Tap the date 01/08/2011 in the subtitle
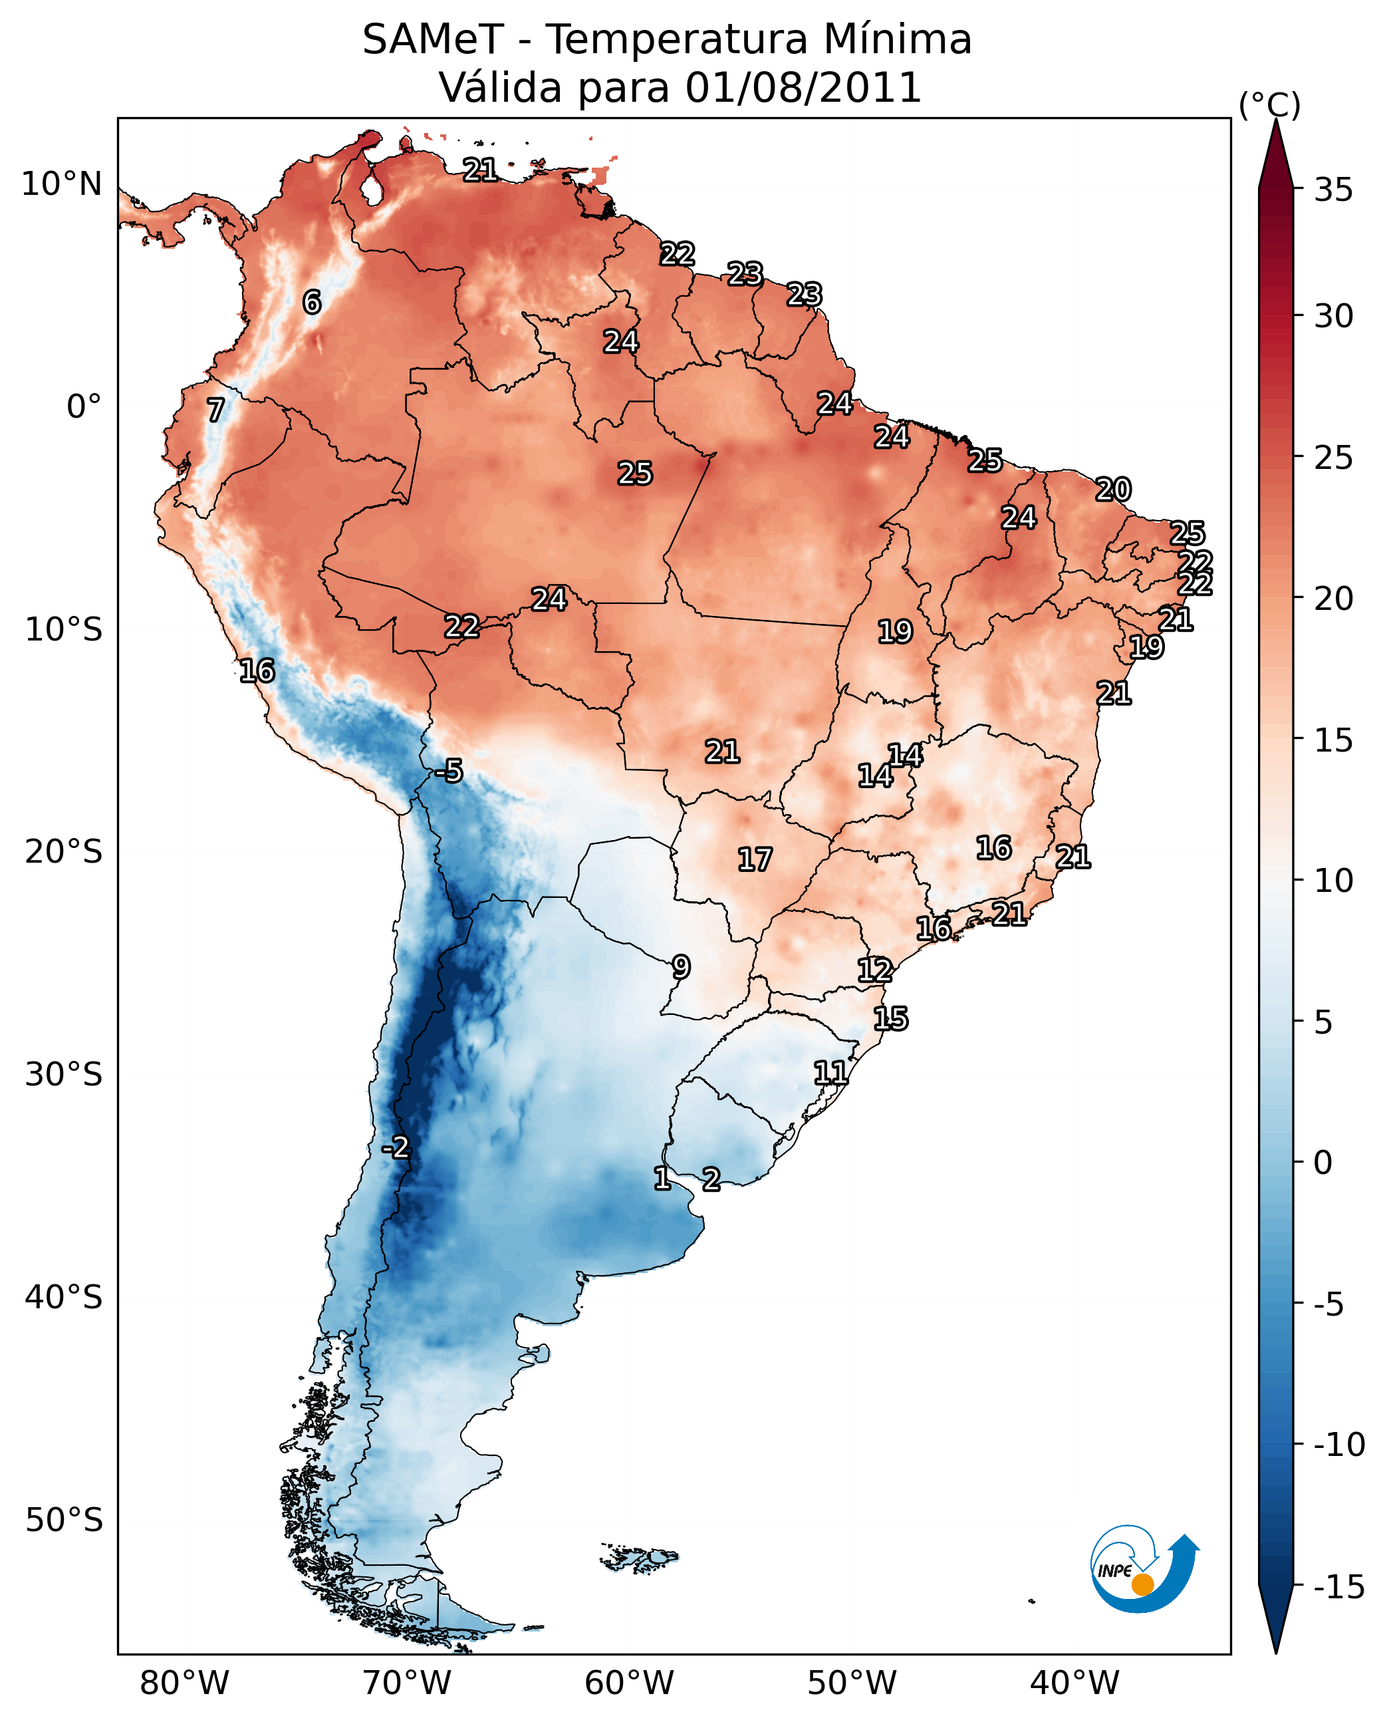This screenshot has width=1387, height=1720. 803,88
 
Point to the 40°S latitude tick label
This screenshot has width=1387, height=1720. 63,1296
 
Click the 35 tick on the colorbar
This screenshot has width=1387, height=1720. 1333,190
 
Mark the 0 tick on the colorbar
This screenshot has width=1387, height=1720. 1323,1163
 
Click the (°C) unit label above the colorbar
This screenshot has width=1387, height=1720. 1269,104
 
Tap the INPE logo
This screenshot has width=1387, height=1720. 1142,1568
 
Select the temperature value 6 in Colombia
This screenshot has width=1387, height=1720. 312,302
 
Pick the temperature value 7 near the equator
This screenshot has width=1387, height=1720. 215,410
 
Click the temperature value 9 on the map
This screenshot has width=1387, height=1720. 681,967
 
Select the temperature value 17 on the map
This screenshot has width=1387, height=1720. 754,860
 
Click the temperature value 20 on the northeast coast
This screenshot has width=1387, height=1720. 1113,489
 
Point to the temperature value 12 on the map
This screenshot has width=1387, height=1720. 875,970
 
